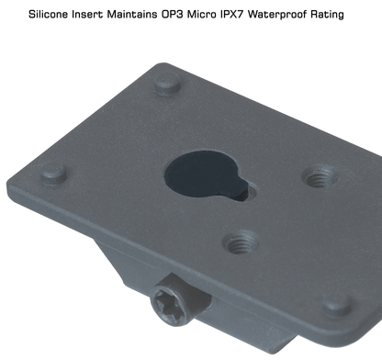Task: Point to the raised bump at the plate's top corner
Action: pos(167,84)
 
